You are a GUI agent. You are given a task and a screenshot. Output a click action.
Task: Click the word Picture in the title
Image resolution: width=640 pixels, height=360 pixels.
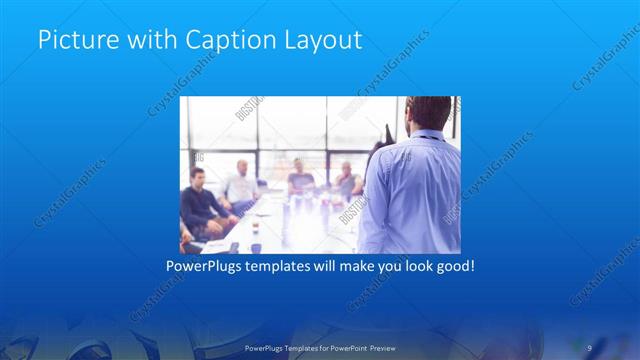click(x=73, y=41)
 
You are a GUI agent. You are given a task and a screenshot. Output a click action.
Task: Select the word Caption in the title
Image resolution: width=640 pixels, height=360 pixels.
click(x=223, y=41)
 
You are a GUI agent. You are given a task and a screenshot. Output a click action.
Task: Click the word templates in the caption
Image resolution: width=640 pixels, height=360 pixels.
click(x=287, y=267)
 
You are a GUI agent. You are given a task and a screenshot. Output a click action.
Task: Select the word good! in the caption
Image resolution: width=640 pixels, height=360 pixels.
click(x=450, y=267)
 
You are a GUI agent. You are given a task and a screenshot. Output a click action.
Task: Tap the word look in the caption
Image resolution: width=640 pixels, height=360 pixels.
click(x=401, y=267)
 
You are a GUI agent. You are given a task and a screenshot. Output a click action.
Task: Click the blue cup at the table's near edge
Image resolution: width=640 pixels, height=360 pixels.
click(x=256, y=246)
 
